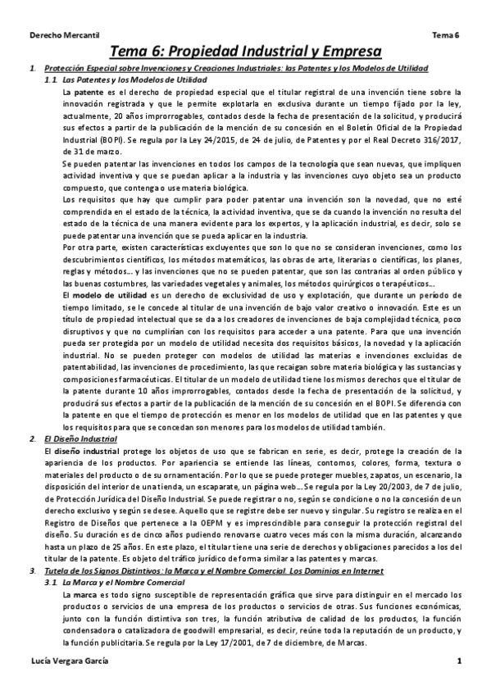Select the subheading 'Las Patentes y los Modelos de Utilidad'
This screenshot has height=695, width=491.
(135, 80)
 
